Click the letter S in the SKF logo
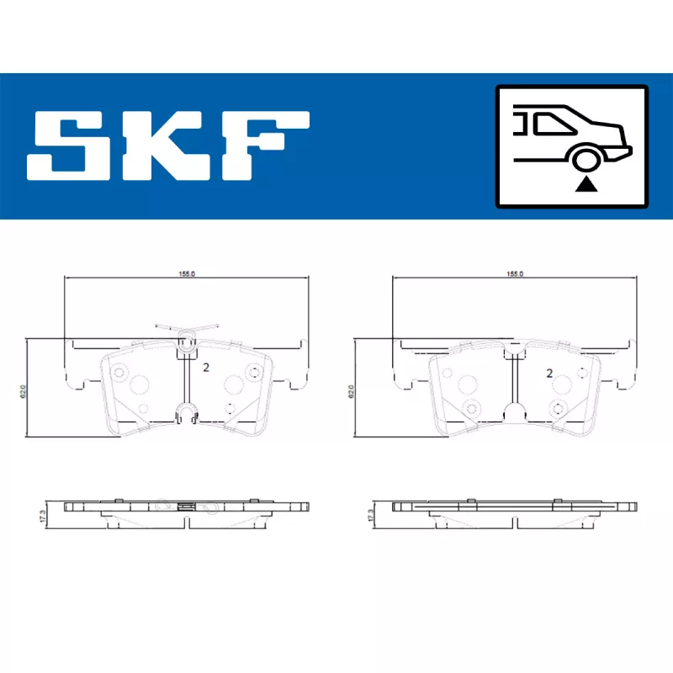65,146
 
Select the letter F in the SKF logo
265,146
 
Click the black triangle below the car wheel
586,185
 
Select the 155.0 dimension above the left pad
187,274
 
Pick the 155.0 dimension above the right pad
515,274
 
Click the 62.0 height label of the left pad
24,391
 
